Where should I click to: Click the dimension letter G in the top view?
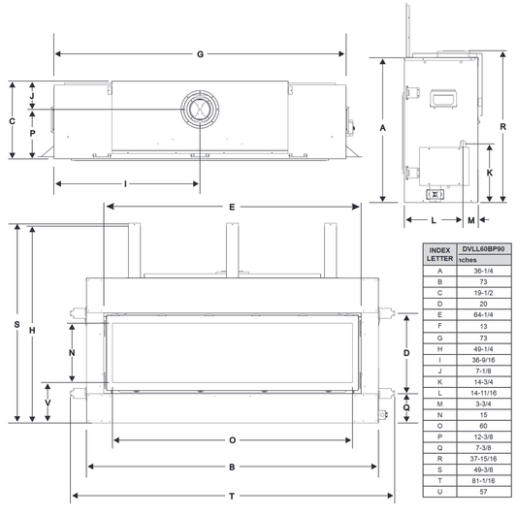tap(200, 54)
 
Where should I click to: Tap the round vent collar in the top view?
tap(200, 109)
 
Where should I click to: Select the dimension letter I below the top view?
tap(126, 184)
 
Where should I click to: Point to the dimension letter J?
tap(32, 96)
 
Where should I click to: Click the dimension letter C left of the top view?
tap(13, 121)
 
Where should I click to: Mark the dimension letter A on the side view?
tap(382, 128)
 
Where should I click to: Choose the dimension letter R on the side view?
tap(502, 127)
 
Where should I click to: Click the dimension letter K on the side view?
tap(490, 173)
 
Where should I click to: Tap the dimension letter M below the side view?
tap(471, 220)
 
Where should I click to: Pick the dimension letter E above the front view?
tap(232, 207)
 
